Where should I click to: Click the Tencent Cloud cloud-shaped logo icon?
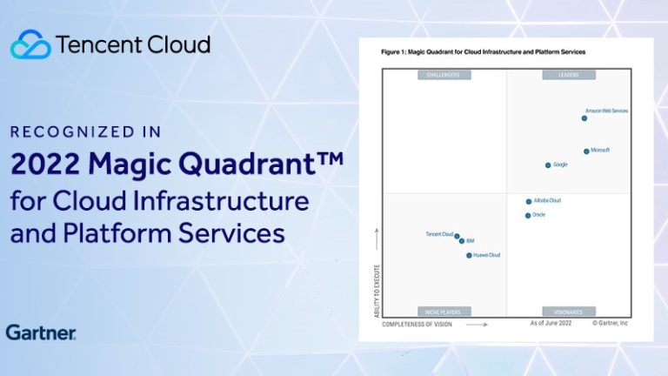pyautogui.click(x=30, y=44)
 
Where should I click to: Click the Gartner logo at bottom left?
pyautogui.click(x=40, y=332)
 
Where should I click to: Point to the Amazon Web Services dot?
pyautogui.click(x=584, y=118)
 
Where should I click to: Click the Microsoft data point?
pyautogui.click(x=586, y=151)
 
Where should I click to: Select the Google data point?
pyautogui.click(x=548, y=164)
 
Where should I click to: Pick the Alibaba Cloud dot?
pyautogui.click(x=529, y=201)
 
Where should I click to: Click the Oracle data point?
pyautogui.click(x=528, y=215)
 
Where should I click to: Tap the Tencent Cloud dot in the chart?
pyautogui.click(x=458, y=235)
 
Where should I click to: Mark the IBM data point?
pyautogui.click(x=462, y=241)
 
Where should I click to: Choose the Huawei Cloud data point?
pyautogui.click(x=469, y=256)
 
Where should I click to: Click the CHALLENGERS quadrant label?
pyautogui.click(x=444, y=75)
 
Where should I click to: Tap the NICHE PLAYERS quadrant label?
pyautogui.click(x=444, y=311)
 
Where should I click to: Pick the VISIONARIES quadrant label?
pyautogui.click(x=568, y=311)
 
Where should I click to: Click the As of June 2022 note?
pyautogui.click(x=551, y=323)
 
